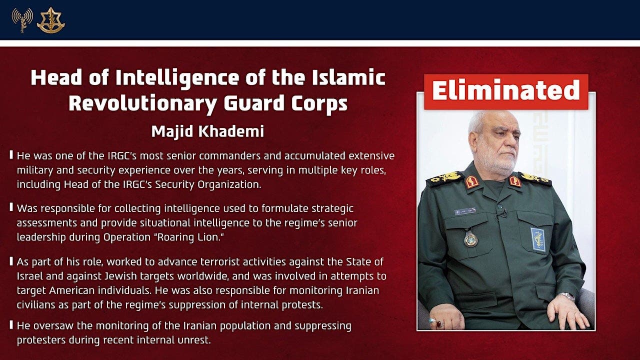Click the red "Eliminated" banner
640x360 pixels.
(x=505, y=91)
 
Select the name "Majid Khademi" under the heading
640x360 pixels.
(x=207, y=132)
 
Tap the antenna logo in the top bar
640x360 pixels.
(x=22, y=20)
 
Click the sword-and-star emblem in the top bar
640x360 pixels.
(x=50, y=20)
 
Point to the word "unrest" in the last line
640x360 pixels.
(x=195, y=340)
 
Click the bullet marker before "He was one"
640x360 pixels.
(x=11, y=155)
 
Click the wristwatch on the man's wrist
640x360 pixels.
(x=566, y=296)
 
